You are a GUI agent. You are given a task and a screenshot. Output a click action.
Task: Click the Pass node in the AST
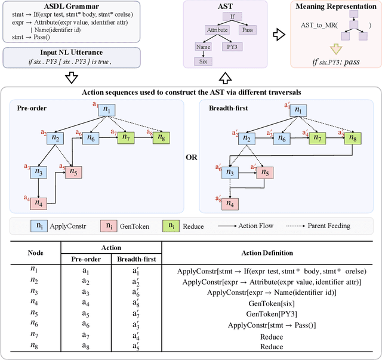click(246, 29)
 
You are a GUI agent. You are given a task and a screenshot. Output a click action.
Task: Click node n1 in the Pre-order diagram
click(107, 110)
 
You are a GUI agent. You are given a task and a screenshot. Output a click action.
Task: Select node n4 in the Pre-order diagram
click(39, 202)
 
